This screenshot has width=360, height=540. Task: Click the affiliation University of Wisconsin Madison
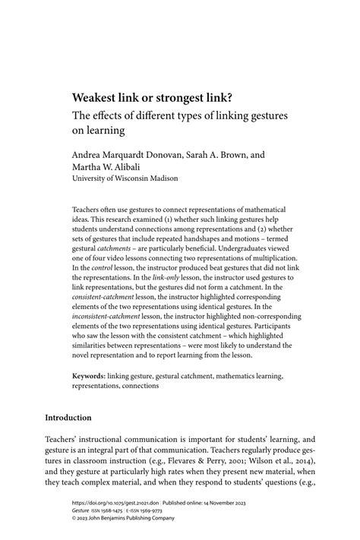[x=125, y=178]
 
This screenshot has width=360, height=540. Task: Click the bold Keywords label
[x=88, y=375]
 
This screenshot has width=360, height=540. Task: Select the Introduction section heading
[x=79, y=418]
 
